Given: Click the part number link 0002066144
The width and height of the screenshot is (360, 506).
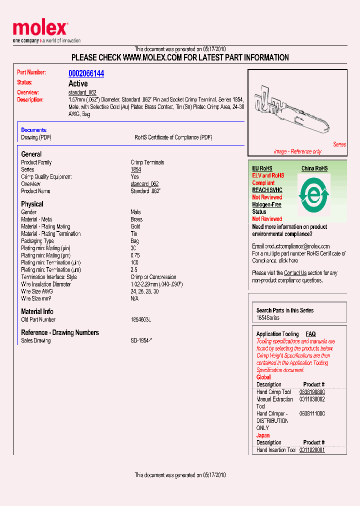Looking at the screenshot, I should pyautogui.click(x=86, y=73).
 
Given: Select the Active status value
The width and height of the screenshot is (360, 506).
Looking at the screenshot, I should pyautogui.click(x=78, y=83).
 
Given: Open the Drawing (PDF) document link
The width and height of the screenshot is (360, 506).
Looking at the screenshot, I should pyautogui.click(x=36, y=137).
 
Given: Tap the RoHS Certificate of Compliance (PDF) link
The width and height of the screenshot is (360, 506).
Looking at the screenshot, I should pyautogui.click(x=169, y=137).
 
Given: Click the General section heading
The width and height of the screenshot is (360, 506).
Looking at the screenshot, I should pyautogui.click(x=31, y=154).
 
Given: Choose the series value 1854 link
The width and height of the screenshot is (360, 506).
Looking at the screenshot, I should pyautogui.click(x=135, y=169).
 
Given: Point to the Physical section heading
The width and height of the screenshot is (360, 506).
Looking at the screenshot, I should pyautogui.click(x=32, y=204).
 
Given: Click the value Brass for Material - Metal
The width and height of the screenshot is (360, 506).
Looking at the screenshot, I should pyautogui.click(x=136, y=219).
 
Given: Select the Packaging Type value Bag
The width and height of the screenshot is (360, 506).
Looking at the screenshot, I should pyautogui.click(x=134, y=241).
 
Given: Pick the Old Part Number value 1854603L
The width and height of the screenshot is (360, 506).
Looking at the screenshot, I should pyautogui.click(x=141, y=319).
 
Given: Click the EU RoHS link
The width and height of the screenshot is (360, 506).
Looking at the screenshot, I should pyautogui.click(x=262, y=168).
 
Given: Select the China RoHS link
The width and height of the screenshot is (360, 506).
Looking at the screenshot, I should pyautogui.click(x=314, y=168).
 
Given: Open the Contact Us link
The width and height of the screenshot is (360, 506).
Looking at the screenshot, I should pyautogui.click(x=295, y=273).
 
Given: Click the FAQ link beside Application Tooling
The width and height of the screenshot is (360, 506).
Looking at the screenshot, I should pyautogui.click(x=310, y=334).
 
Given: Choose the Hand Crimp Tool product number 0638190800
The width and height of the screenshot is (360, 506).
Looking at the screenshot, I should pyautogui.click(x=312, y=392).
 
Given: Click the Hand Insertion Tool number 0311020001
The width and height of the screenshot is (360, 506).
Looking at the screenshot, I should pyautogui.click(x=312, y=450).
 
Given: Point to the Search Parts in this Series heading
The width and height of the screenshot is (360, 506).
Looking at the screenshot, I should pyautogui.click(x=285, y=310).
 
